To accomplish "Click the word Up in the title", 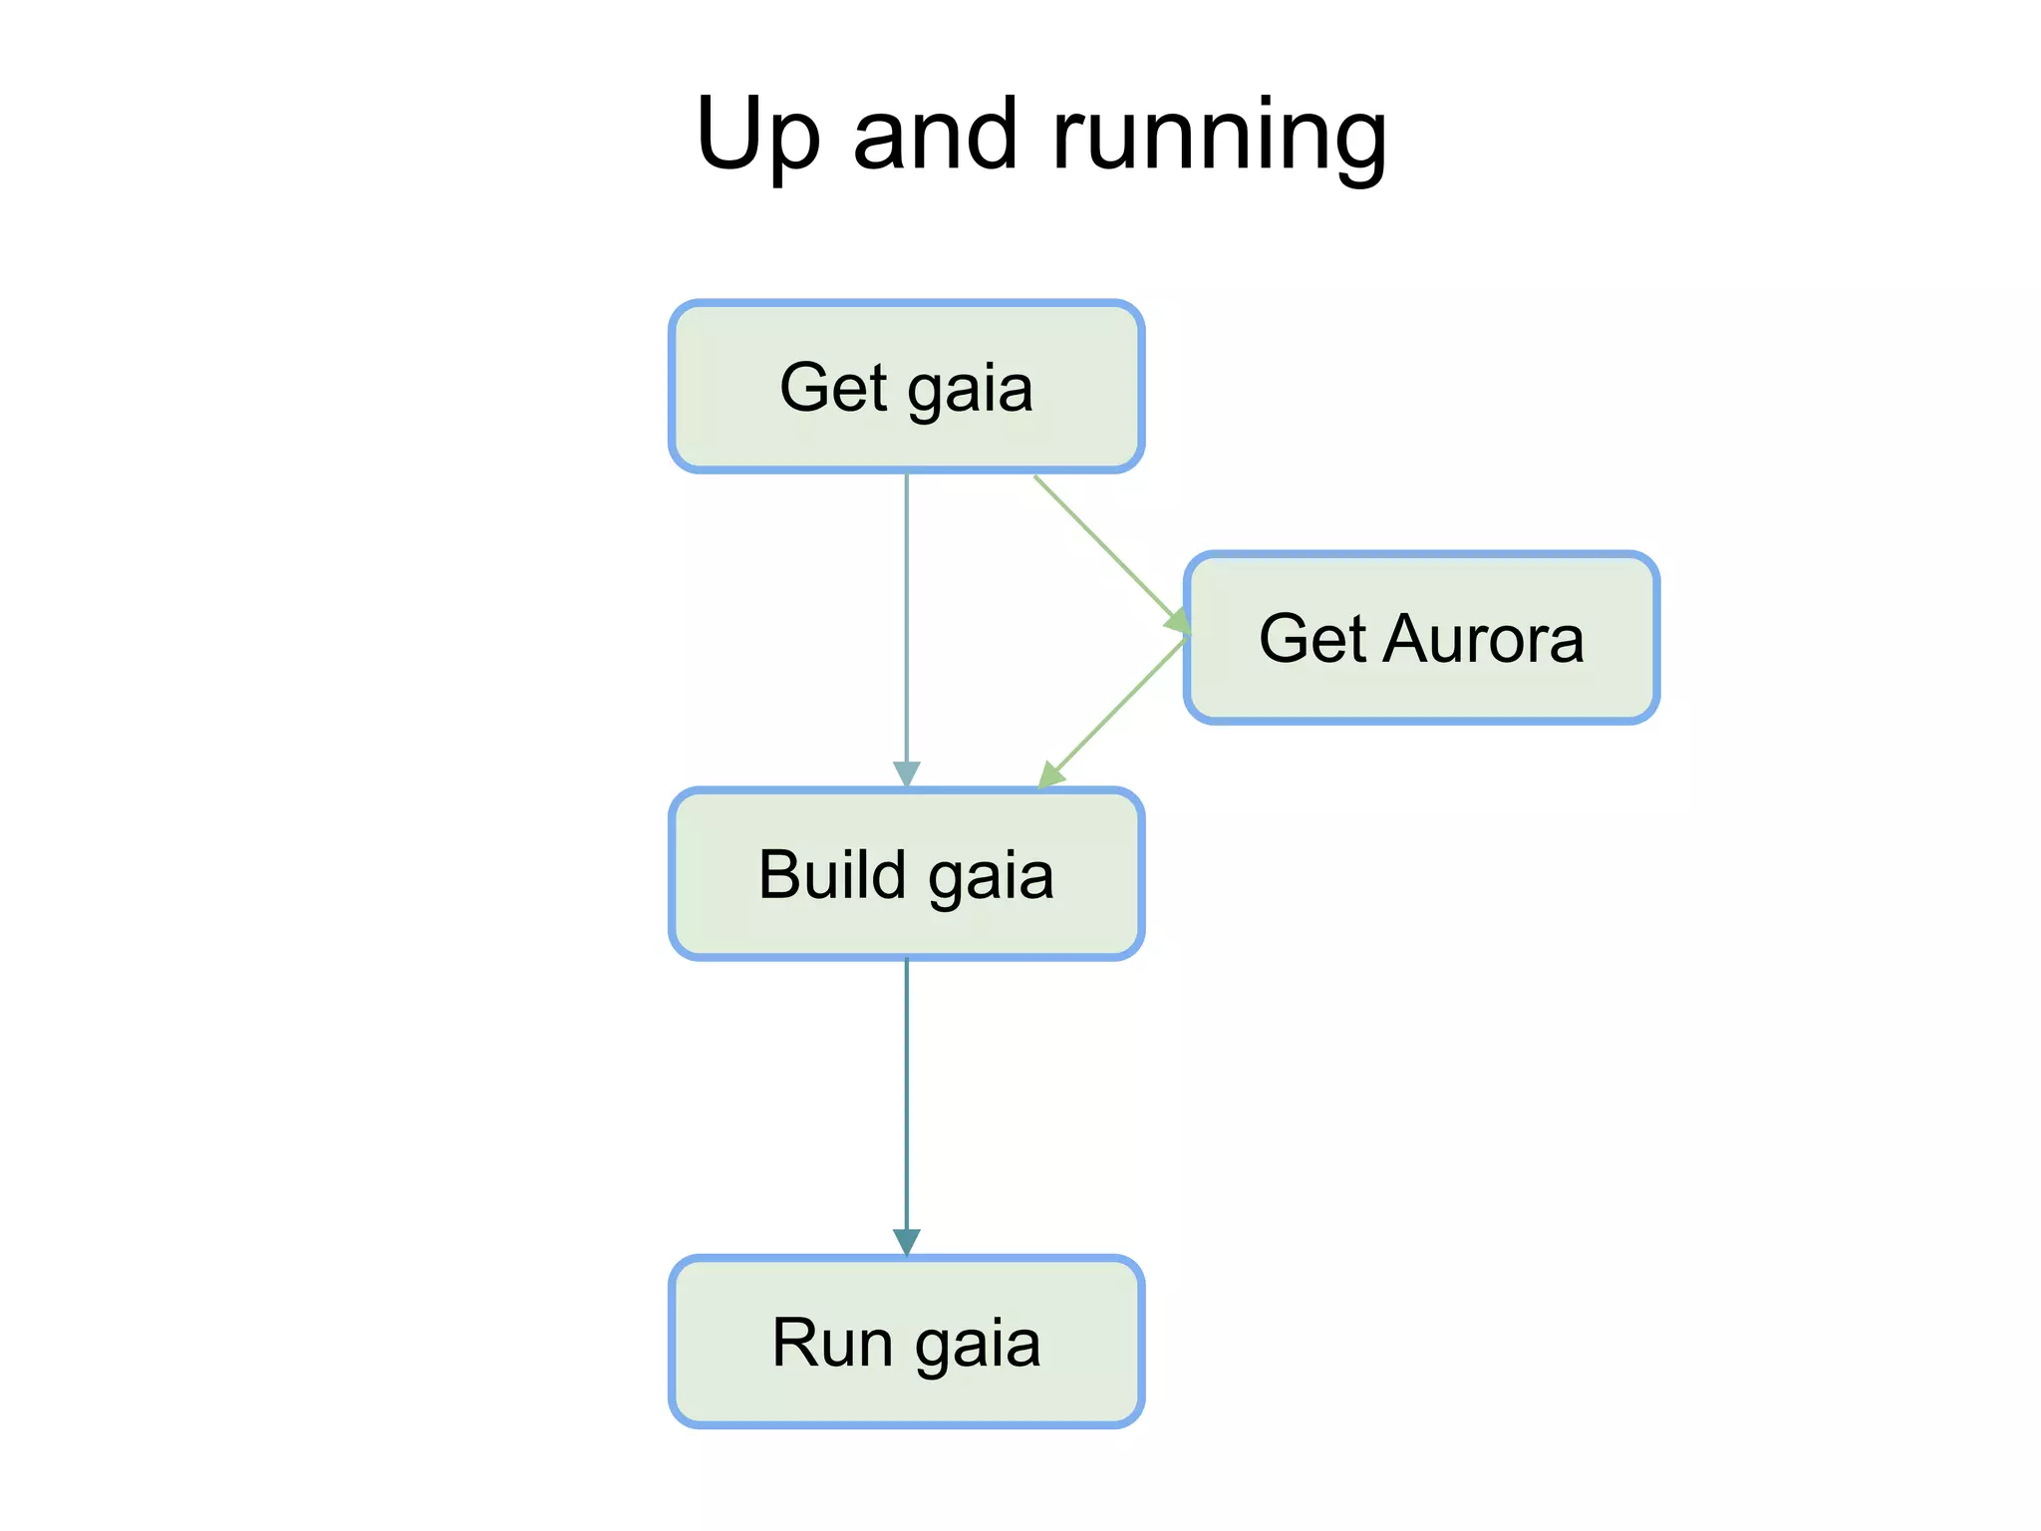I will point(758,136).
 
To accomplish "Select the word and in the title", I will point(936,134).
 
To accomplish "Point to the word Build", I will point(831,874).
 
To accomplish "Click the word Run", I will point(832,1343).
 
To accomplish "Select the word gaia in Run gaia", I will point(978,1345).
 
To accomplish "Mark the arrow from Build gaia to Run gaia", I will point(906,1096).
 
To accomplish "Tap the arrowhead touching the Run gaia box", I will point(906,1242).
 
